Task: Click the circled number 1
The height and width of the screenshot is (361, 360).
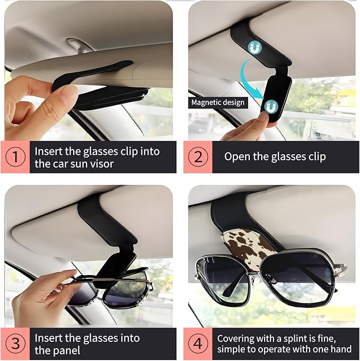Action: [15, 157]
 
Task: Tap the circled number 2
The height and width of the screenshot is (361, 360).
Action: [198, 157]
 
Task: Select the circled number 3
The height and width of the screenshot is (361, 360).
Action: [15, 344]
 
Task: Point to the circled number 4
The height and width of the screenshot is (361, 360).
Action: [198, 344]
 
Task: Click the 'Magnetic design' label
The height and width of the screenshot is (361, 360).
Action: [218, 102]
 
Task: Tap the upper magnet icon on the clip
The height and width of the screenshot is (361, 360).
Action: [254, 48]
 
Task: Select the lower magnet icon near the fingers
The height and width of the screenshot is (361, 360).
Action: [271, 107]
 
